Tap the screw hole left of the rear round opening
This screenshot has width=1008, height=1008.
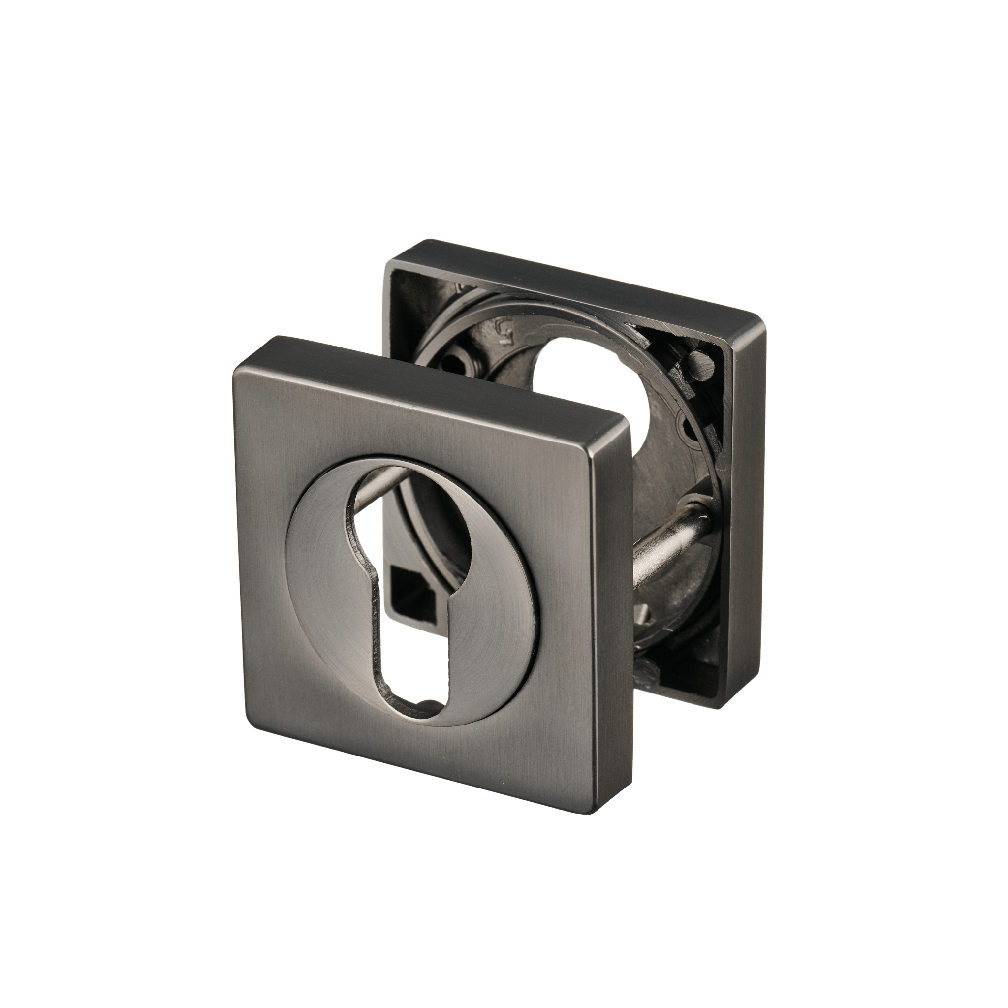(x=454, y=360)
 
